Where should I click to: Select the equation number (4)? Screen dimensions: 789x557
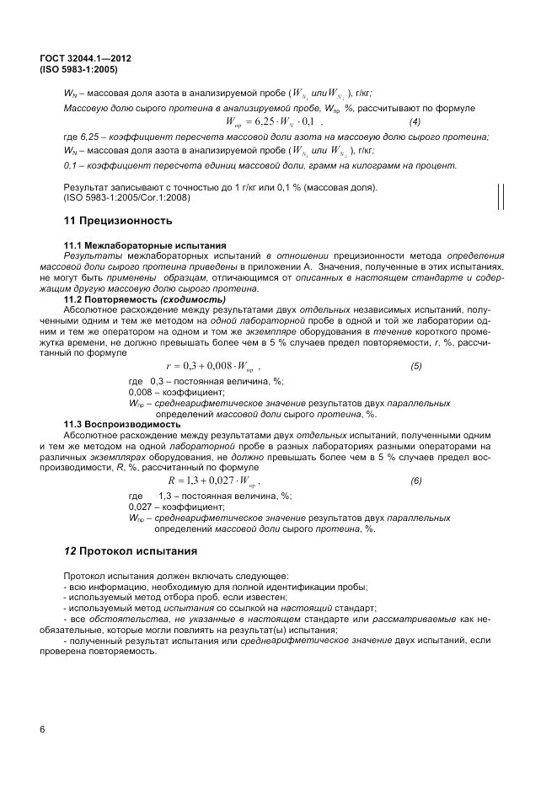tap(414, 123)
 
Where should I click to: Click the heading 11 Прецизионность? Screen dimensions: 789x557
tap(118, 221)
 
